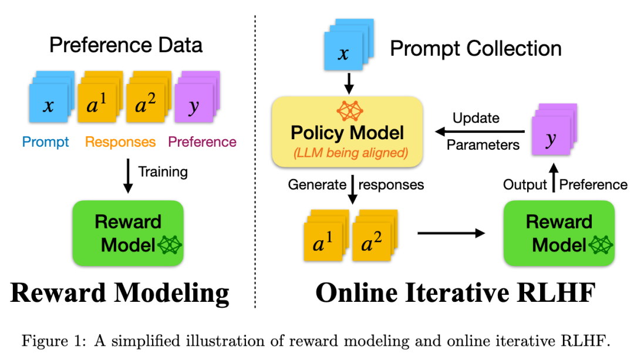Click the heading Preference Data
pos(126,45)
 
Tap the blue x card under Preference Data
pos(49,105)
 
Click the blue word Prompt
pos(45,142)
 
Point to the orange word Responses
pos(120,142)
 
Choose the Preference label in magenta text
pos(202,142)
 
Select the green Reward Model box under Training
pos(127,233)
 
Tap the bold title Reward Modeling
pos(120,292)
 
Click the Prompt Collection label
pos(475,48)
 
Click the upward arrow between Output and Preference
pos(552,181)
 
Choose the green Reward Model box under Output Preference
pos(559,233)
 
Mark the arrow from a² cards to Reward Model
pos(451,233)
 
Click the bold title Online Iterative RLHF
pos(456,292)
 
